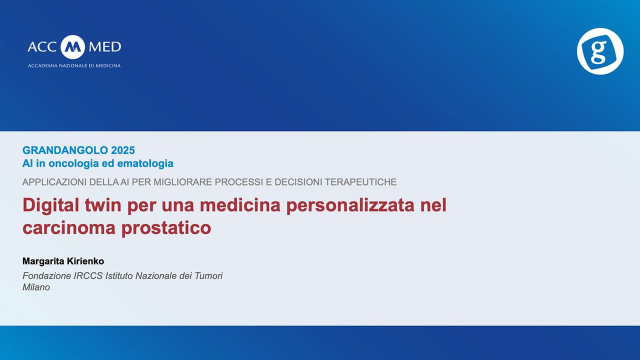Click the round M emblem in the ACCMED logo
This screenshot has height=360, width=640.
pyautogui.click(x=73, y=47)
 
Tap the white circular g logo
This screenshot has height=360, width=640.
pyautogui.click(x=600, y=51)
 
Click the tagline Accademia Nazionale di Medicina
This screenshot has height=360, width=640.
pyautogui.click(x=74, y=65)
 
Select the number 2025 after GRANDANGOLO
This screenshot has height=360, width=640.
pyautogui.click(x=123, y=150)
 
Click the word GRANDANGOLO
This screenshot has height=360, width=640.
pyautogui.click(x=65, y=150)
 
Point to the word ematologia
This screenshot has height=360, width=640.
pyautogui.click(x=145, y=163)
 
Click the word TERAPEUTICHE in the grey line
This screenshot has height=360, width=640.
pyautogui.click(x=361, y=182)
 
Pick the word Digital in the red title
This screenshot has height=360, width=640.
pyautogui.click(x=51, y=205)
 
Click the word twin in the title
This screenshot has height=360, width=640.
pyautogui.click(x=103, y=205)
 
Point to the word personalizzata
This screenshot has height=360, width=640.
pyautogui.click(x=350, y=205)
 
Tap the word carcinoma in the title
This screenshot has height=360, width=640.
pyautogui.click(x=69, y=228)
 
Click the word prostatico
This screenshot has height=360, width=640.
pyautogui.click(x=166, y=228)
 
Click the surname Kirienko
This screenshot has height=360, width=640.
pyautogui.click(x=85, y=261)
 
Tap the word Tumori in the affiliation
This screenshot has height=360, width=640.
pyautogui.click(x=208, y=276)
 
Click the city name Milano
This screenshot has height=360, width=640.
pyautogui.click(x=36, y=287)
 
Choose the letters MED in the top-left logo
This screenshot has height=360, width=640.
pyautogui.click(x=105, y=47)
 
